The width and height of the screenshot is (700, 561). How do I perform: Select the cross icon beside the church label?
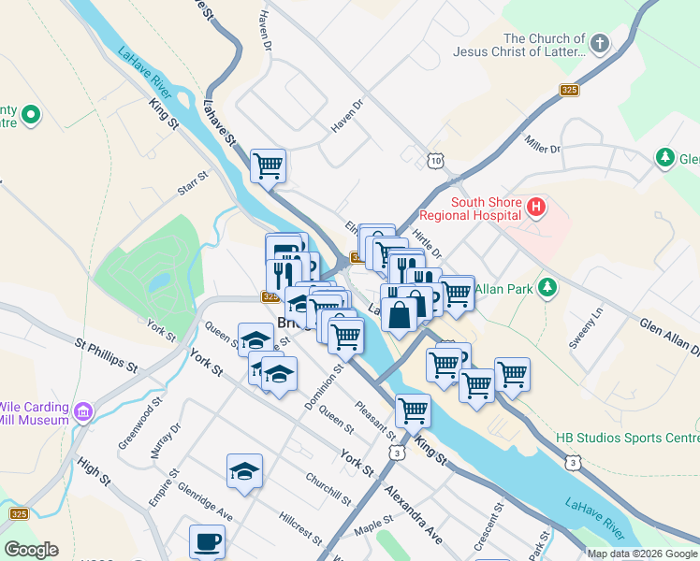599,44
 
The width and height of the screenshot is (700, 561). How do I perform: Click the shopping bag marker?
400,315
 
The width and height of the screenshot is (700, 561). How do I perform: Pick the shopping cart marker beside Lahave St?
269,165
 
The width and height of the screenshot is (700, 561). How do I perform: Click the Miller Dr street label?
542,144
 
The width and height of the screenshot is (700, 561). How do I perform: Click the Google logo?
31,550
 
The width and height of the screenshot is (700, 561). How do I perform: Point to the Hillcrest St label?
299,529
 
